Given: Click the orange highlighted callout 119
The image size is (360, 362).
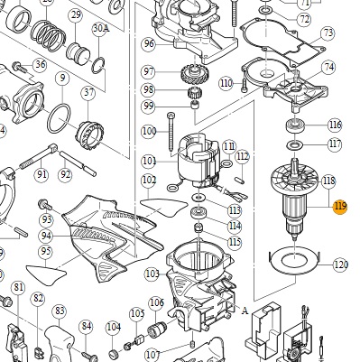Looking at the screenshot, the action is click(340, 207).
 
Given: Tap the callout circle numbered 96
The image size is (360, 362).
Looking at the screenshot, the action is click(149, 44).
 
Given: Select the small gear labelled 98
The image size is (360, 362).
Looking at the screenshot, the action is click(192, 92).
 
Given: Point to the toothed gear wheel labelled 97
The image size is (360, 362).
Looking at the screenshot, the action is click(193, 74).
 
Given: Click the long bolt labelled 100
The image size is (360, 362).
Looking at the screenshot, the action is click(171, 133).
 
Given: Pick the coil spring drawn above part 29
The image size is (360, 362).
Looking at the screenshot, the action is click(49, 34).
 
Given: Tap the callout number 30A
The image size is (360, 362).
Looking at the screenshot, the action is click(100, 28).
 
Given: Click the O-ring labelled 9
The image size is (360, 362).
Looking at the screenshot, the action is click(59, 118).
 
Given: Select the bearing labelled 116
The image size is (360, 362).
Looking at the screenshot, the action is click(295, 125).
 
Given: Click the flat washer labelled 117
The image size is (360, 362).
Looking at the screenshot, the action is click(295, 144).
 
